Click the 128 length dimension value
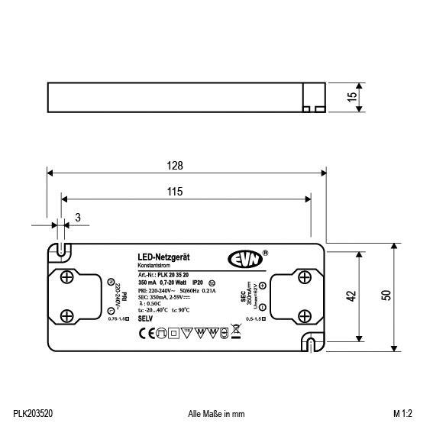point(176,165)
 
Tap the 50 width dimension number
point(386,295)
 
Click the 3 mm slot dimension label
point(78,218)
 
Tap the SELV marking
point(146,317)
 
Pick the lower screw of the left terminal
point(67,313)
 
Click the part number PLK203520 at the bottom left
point(33,413)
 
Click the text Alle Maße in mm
point(216,413)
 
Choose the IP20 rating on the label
point(198,283)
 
